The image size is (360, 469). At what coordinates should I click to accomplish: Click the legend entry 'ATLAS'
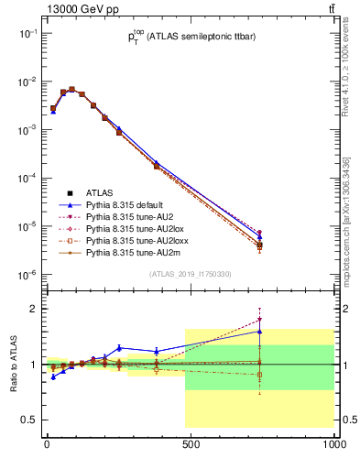(100, 193)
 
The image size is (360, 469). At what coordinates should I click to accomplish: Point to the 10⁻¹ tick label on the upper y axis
(27, 33)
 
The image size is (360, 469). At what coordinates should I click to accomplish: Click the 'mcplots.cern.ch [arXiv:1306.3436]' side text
(349, 211)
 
